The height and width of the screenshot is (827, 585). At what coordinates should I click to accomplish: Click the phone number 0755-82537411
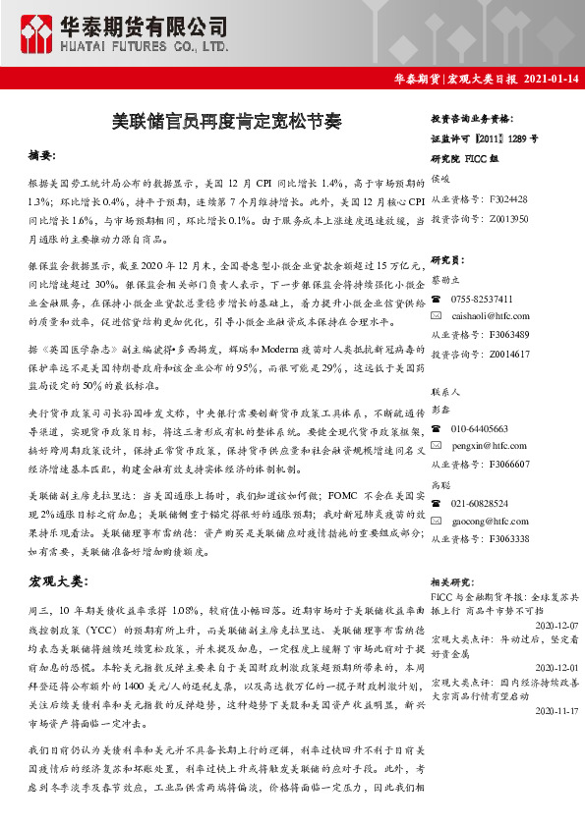tap(483, 300)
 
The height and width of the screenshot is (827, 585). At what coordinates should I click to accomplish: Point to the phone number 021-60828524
tap(480, 503)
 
